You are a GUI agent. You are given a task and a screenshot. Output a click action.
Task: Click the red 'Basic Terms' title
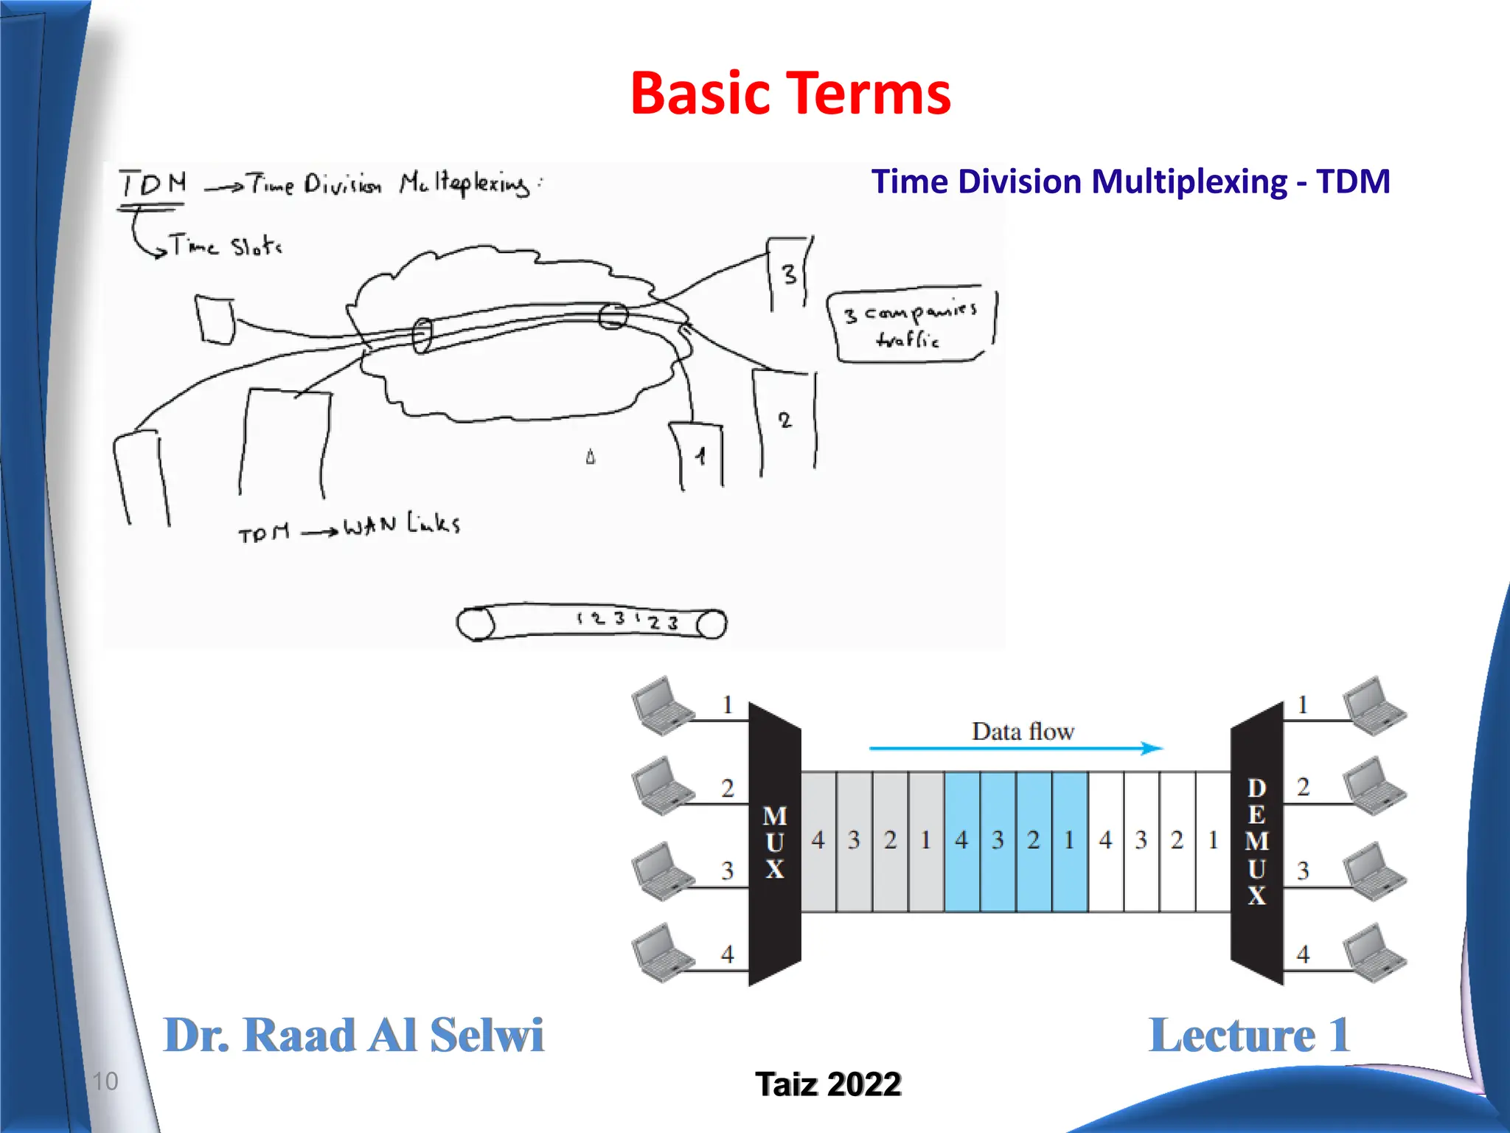point(790,94)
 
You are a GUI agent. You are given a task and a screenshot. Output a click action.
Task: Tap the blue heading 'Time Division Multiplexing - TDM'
point(1130,181)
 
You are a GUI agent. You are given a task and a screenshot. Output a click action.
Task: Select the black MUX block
point(774,843)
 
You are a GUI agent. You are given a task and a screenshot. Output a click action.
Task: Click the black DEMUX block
point(1257,843)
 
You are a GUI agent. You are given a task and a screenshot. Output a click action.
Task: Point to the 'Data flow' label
point(1023,731)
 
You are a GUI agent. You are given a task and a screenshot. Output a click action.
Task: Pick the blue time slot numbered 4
point(961,841)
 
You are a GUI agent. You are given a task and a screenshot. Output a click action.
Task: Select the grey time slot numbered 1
point(926,841)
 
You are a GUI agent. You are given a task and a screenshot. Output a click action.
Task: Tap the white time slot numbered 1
point(1214,841)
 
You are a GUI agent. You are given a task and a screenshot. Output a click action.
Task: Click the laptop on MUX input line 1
point(662,706)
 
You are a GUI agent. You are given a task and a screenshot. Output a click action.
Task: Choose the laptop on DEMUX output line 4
point(1374,953)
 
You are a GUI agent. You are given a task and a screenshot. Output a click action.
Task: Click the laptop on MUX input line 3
point(662,872)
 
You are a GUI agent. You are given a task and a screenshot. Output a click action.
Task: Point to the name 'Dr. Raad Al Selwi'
point(353,1035)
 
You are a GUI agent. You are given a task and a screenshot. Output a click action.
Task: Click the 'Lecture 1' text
point(1249,1035)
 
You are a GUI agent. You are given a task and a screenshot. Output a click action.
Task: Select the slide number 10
point(105,1081)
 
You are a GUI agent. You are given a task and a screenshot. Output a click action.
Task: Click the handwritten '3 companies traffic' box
point(912,325)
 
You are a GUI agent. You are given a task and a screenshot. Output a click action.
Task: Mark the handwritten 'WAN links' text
point(402,524)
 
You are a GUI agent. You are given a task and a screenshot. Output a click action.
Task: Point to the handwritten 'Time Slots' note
point(225,246)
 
